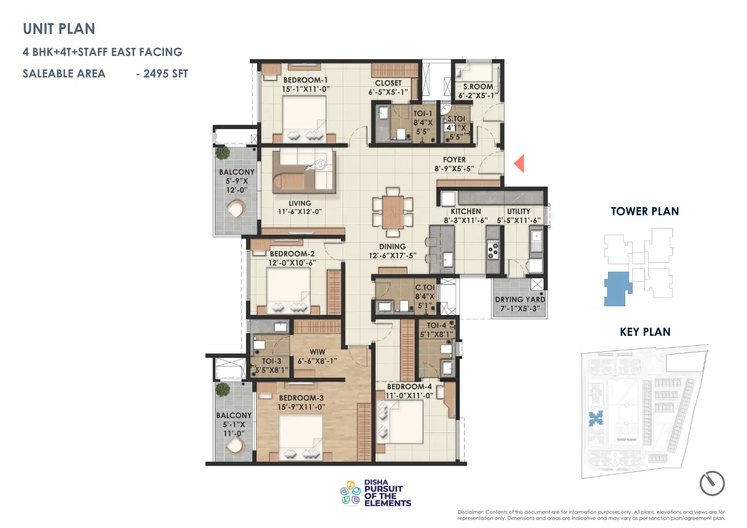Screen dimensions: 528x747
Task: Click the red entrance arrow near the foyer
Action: click(x=520, y=164)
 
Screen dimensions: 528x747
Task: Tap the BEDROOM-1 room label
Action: click(x=305, y=80)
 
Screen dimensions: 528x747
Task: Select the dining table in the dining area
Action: click(x=393, y=212)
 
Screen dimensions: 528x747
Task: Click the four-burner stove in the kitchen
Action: click(x=493, y=250)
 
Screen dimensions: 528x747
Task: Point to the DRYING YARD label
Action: click(x=520, y=300)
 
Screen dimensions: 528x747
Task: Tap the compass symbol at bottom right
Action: click(x=712, y=483)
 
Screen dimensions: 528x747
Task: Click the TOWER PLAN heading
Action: click(x=644, y=212)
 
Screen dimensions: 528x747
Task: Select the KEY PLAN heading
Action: click(x=645, y=332)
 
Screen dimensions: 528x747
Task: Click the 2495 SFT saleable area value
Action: click(x=165, y=74)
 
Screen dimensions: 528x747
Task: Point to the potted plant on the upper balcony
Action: click(x=223, y=152)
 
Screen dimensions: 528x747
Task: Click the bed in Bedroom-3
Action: click(x=300, y=436)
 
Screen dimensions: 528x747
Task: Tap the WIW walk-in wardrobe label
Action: click(x=317, y=352)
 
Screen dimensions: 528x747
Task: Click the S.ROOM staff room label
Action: click(x=478, y=87)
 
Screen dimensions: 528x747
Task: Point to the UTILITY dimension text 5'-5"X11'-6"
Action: click(x=519, y=220)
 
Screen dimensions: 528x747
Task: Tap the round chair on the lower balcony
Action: click(x=235, y=446)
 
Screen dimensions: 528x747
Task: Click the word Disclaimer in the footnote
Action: click(x=470, y=512)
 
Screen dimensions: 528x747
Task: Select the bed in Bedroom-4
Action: click(x=400, y=422)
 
